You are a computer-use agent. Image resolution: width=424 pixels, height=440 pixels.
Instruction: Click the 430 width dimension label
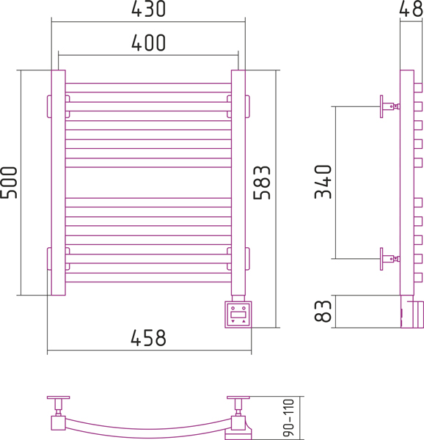[148, 9]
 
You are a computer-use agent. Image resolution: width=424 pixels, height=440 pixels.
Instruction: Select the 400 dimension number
[148, 43]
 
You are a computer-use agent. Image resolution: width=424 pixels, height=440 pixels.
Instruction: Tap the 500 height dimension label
[8, 183]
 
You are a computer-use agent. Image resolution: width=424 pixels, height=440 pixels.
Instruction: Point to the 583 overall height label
[262, 183]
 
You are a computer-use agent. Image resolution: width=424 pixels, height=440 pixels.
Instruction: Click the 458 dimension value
[148, 337]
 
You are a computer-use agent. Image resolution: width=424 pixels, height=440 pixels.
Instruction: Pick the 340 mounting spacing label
[323, 182]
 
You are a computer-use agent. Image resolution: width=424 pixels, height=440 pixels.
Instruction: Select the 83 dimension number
[323, 311]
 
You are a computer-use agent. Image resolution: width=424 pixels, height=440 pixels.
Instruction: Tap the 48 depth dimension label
[411, 9]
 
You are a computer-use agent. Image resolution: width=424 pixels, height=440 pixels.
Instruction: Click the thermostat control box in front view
[238, 315]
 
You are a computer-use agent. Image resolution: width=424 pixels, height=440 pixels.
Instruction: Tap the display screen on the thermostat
[238, 315]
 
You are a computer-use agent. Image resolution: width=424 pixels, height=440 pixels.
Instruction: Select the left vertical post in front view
[59, 183]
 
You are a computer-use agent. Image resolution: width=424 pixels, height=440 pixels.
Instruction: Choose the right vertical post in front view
[238, 183]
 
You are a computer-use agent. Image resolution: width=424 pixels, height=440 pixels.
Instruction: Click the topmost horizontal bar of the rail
[148, 88]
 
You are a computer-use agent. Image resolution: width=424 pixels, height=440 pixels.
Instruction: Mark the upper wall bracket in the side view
[390, 106]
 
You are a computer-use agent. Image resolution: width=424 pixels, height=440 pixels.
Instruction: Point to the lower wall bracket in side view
[390, 259]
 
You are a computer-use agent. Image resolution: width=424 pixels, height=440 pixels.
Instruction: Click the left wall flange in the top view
[59, 397]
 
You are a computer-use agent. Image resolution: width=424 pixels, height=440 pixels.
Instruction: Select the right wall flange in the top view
[238, 397]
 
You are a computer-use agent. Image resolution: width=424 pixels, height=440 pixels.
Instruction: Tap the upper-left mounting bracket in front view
[49, 106]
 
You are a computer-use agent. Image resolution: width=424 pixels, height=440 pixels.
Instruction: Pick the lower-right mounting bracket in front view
[247, 259]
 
